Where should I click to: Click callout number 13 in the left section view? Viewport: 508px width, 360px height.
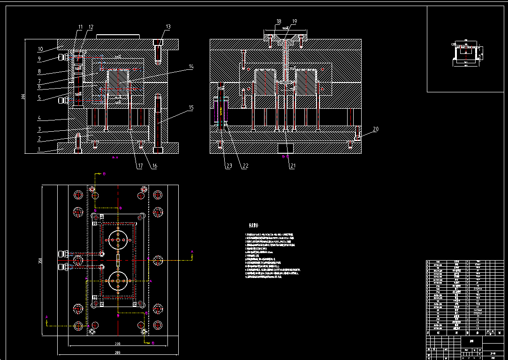tap(168, 27)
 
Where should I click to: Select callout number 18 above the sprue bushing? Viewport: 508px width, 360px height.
tap(279, 22)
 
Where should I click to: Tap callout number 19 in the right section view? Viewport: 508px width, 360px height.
tap(294, 22)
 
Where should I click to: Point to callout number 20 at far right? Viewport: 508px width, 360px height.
tap(376, 129)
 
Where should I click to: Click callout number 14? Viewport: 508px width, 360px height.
tap(191, 67)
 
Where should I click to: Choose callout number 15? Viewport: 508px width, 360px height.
tap(191, 108)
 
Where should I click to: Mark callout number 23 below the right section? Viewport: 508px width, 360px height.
tap(229, 165)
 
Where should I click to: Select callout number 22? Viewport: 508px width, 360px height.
tap(244, 165)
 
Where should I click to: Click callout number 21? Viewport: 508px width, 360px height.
tap(292, 165)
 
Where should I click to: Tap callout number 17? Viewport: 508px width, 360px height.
tap(140, 165)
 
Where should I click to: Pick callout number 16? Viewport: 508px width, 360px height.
tap(154, 165)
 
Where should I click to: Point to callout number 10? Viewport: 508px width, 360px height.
tap(40, 49)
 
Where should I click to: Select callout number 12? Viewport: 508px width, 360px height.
tap(91, 27)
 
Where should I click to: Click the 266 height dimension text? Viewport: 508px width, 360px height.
tap(23, 97)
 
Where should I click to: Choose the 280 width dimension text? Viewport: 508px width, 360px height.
tap(117, 352)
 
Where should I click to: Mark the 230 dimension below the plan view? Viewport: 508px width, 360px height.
tap(117, 343)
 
